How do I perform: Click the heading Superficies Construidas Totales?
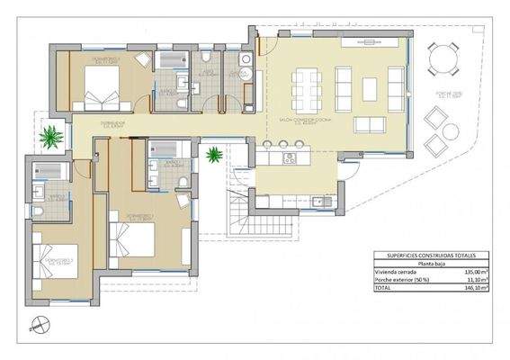(429, 254)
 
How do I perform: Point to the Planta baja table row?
(429, 262)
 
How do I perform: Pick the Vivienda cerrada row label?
(395, 270)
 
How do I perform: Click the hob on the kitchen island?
(290, 158)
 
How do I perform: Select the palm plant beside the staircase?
(214, 155)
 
